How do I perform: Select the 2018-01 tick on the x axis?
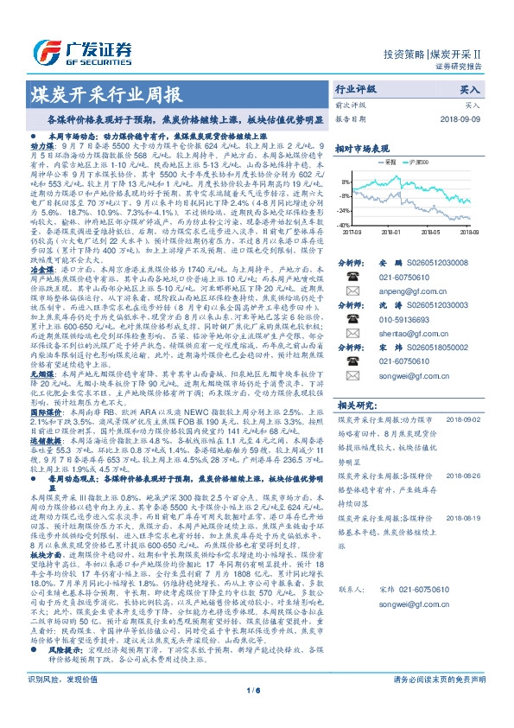pyautogui.click(x=393, y=232)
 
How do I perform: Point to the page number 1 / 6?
pyautogui.click(x=256, y=713)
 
